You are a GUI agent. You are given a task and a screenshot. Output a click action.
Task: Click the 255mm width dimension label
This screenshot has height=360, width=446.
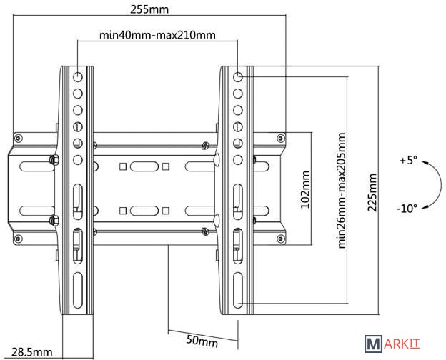tap(149, 9)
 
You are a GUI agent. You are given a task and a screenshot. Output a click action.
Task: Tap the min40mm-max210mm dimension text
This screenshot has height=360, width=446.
tap(157, 35)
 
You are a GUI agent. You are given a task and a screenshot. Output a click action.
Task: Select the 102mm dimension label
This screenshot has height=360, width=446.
tap(305, 189)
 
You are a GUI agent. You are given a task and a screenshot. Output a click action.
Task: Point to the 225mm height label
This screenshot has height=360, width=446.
tap(372, 193)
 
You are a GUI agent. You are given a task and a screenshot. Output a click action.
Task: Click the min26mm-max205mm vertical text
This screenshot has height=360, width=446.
tap(342, 191)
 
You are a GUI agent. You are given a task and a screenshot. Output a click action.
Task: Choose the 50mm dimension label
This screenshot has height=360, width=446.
tap(202, 341)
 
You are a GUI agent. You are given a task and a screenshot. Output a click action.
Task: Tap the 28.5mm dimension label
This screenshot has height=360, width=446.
tap(32, 352)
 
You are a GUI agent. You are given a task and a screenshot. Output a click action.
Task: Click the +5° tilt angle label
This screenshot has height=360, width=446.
tap(408, 161)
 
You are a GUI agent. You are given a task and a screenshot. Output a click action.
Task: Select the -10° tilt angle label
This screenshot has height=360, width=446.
tap(407, 209)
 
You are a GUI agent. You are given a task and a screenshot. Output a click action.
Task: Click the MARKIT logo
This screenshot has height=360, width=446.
tap(392, 344)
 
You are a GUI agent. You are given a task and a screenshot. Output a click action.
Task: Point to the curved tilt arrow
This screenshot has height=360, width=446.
tap(440, 184)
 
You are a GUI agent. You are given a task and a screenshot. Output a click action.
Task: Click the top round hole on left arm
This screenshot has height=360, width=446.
tap(78, 76)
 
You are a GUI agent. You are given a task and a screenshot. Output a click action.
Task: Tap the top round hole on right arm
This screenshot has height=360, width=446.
tap(238, 76)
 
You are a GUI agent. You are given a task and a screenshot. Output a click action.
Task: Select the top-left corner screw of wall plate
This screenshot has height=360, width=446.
tap(19, 139)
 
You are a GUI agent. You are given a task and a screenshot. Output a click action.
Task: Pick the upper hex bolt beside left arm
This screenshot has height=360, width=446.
tap(54, 160)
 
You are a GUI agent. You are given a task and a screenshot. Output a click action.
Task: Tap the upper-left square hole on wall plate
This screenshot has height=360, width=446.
tap(123, 166)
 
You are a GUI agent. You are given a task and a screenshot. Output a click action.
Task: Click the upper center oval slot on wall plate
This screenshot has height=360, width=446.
tap(144, 166)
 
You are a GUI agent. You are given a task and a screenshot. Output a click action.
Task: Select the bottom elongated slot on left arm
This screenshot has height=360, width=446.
tap(78, 290)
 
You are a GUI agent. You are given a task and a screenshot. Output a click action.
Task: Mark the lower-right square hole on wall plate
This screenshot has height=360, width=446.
tap(166, 211)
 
